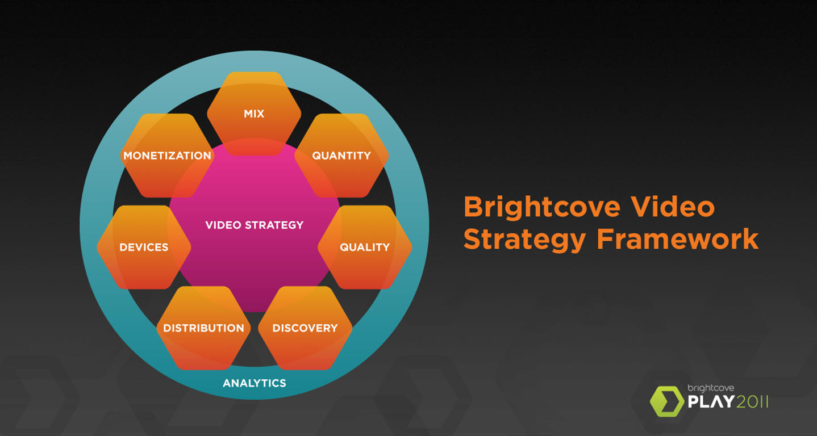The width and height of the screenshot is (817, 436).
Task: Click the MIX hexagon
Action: click(254, 114)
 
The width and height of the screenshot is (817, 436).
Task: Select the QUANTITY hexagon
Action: click(341, 156)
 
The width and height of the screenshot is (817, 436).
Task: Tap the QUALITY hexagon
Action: click(365, 247)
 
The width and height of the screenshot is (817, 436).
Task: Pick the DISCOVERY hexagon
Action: click(305, 328)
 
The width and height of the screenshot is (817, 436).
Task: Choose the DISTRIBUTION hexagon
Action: click(203, 328)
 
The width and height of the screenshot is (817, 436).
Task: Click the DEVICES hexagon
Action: click(144, 247)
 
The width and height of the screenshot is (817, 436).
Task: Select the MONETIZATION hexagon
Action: click(167, 156)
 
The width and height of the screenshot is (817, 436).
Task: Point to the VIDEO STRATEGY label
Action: click(254, 225)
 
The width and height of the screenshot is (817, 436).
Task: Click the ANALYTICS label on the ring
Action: click(254, 383)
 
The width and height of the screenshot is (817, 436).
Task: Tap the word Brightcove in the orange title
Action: click(541, 207)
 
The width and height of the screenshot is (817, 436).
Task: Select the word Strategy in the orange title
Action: click(524, 239)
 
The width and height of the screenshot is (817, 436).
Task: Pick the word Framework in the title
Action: click(678, 239)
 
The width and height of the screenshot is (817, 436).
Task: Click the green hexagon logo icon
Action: click(667, 401)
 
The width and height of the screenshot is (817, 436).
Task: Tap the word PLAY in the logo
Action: click(711, 402)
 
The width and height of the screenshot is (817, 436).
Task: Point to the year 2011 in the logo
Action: click(752, 402)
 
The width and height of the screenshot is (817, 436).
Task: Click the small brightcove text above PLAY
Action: click(711, 388)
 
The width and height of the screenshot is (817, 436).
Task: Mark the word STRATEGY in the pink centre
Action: click(274, 225)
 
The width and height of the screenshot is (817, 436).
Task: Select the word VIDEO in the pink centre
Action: click(223, 225)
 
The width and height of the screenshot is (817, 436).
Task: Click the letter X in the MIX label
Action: click(259, 114)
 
